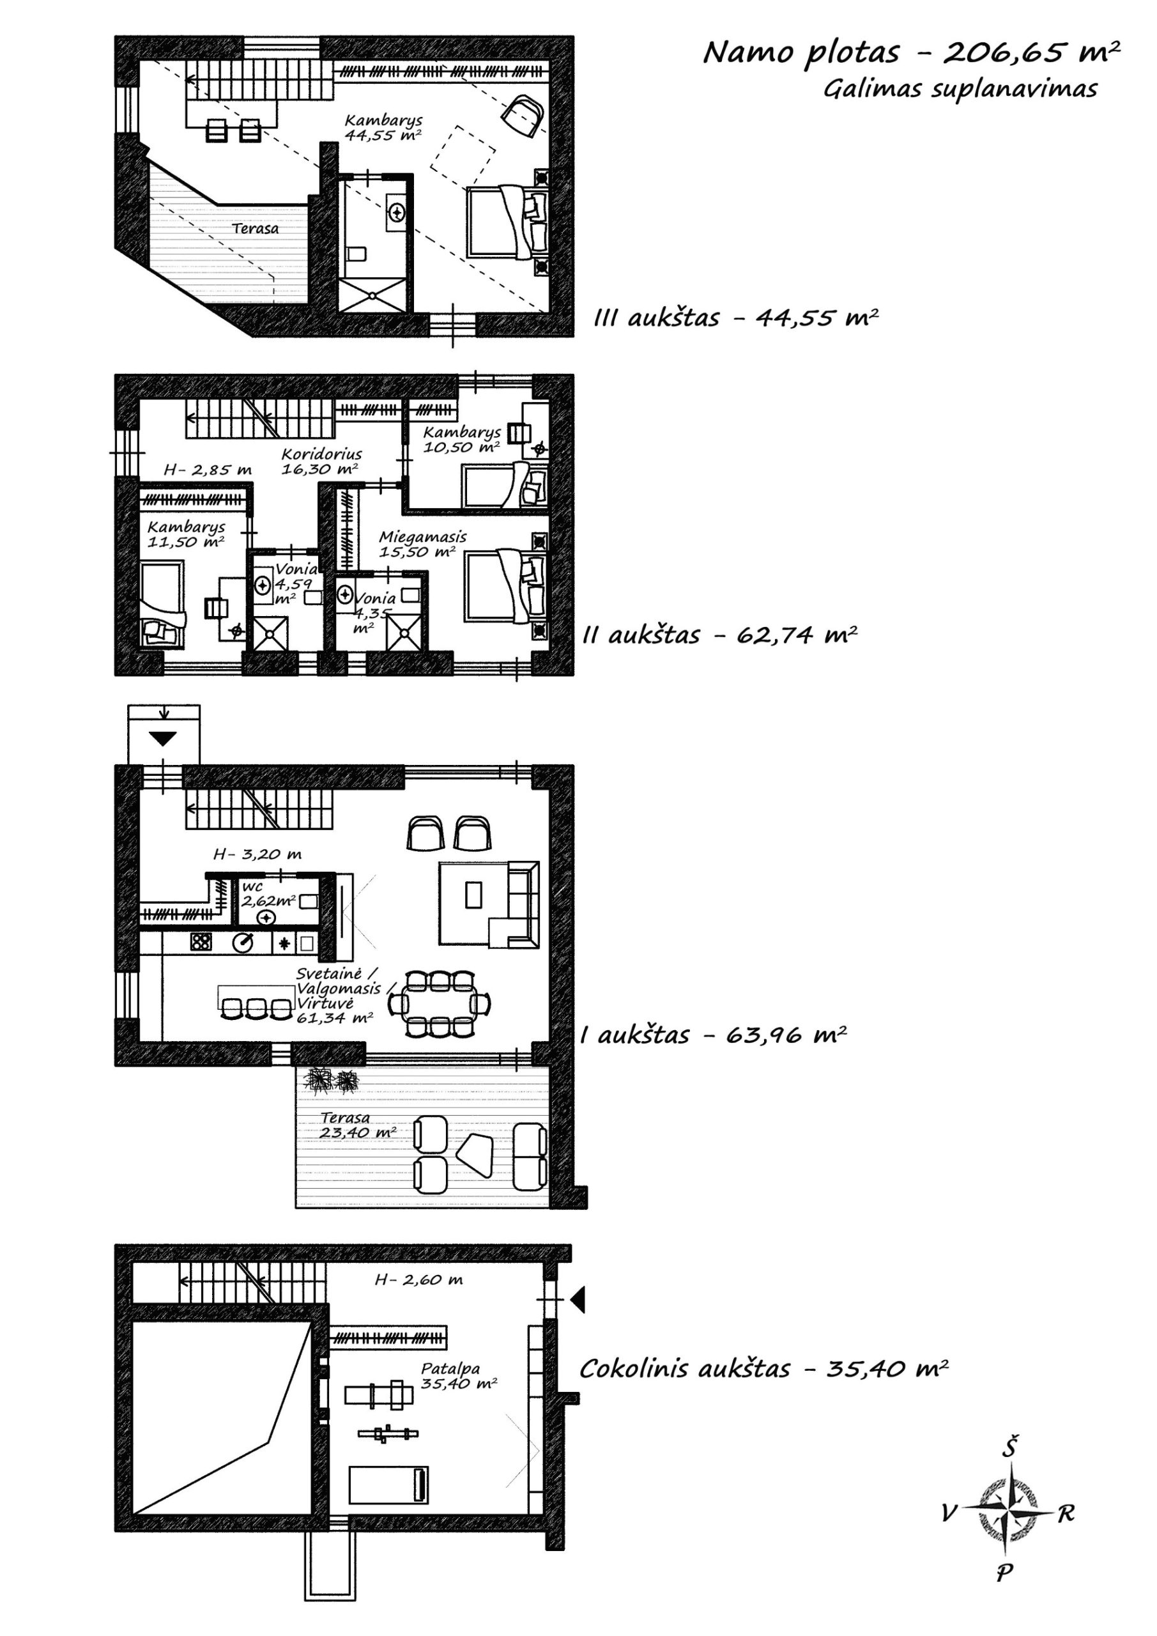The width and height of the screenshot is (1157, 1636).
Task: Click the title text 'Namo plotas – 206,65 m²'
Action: [x=911, y=53]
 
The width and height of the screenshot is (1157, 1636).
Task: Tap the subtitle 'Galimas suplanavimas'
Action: [x=960, y=89]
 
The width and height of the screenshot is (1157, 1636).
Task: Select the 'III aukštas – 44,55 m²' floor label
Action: [x=735, y=317]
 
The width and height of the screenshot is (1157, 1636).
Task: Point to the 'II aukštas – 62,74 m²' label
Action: [x=719, y=634]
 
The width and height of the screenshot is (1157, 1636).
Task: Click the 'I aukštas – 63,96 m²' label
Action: [x=713, y=1034]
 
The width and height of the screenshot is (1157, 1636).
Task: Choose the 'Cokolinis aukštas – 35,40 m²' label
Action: [x=763, y=1368]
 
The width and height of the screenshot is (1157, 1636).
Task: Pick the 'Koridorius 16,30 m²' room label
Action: [x=321, y=461]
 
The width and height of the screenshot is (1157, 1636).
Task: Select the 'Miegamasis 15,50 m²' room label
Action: [x=422, y=544]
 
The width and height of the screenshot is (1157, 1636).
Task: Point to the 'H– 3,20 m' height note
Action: [x=257, y=854]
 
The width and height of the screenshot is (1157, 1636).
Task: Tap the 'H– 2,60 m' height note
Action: [x=419, y=1280]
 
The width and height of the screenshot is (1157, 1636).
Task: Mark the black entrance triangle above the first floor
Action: [x=163, y=739]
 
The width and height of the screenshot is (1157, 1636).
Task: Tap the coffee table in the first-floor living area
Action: [x=474, y=894]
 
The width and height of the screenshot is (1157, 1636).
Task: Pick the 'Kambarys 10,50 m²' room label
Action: [x=462, y=440]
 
